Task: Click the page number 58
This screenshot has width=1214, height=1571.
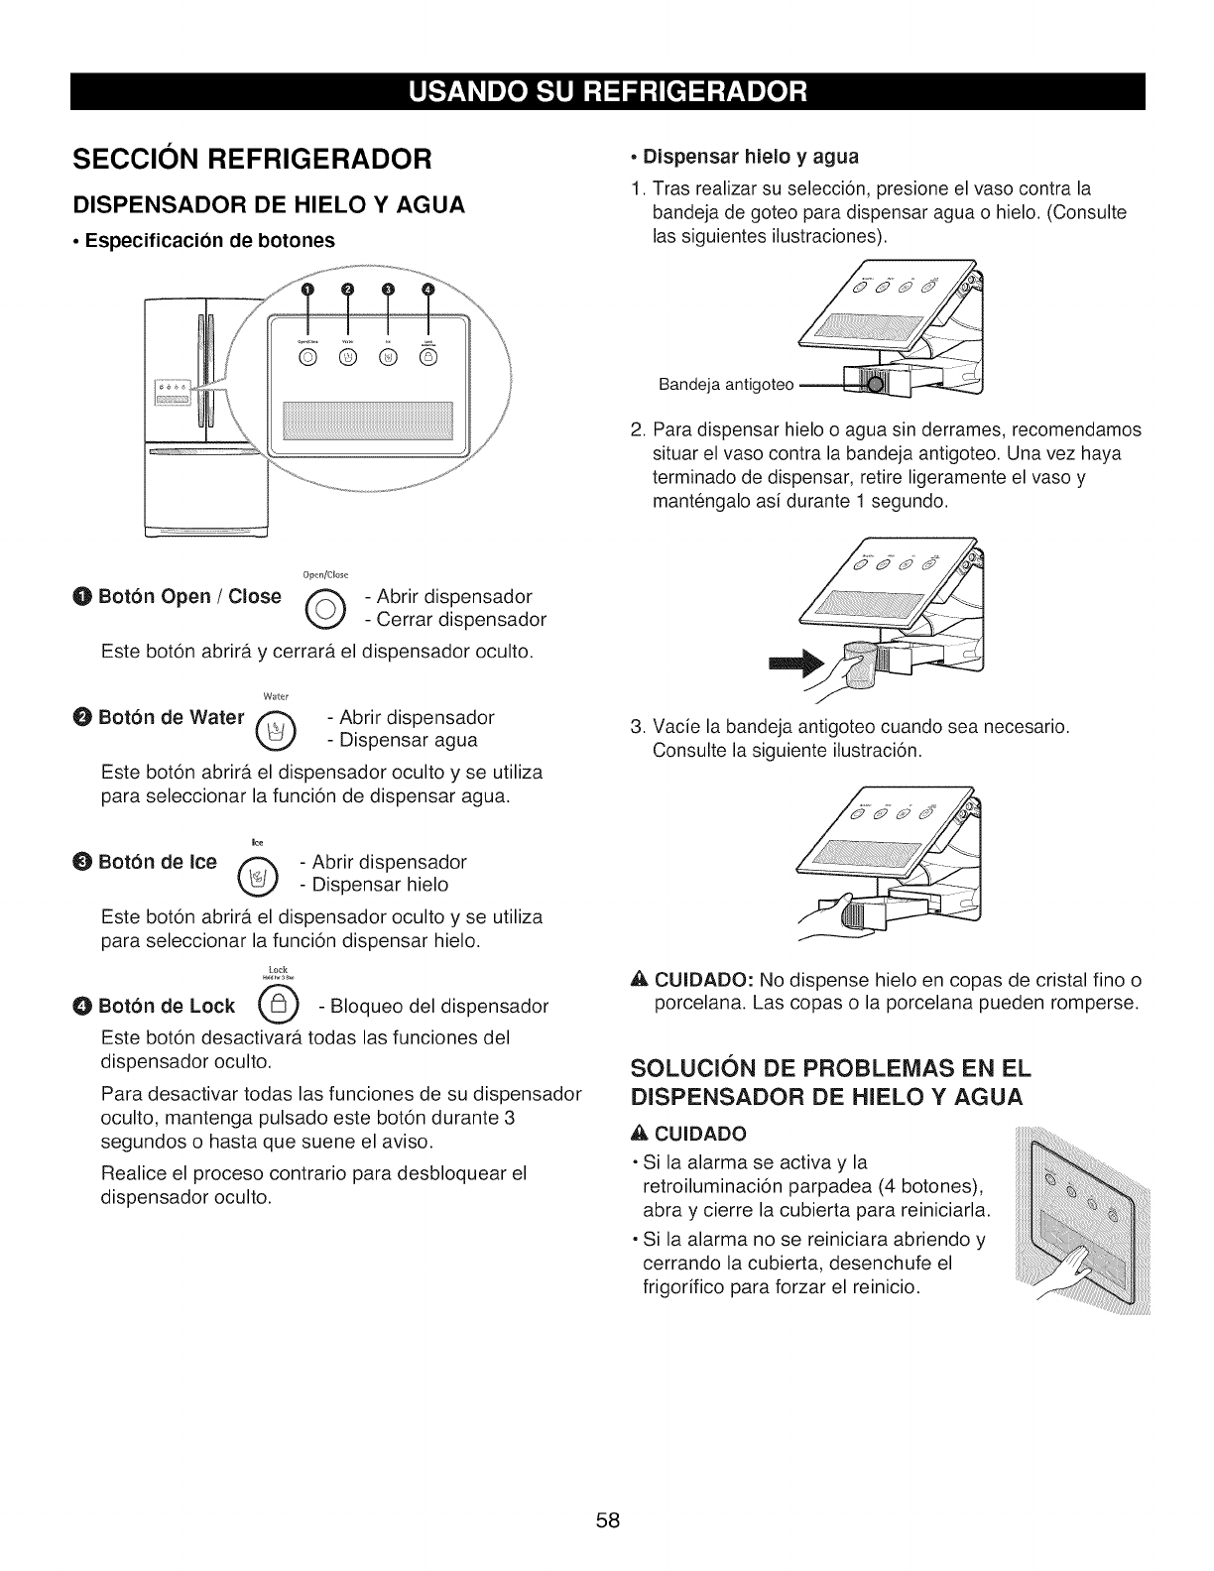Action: [x=607, y=1521]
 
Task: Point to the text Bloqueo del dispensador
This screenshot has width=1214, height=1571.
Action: [x=432, y=1007]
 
